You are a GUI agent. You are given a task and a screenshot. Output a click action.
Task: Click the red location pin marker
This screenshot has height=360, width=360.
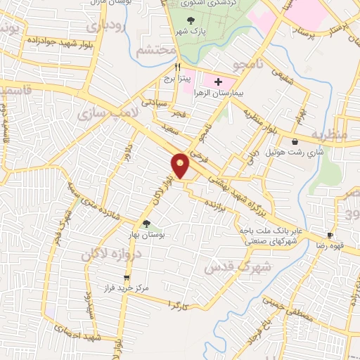coord(181,165)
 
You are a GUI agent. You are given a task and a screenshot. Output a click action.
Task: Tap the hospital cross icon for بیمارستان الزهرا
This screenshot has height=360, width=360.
coord(218,82)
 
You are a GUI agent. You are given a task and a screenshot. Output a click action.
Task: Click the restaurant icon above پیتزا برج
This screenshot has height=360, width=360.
coord(167,67)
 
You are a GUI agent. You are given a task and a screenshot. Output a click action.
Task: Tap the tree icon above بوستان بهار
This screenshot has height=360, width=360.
coord(146,224)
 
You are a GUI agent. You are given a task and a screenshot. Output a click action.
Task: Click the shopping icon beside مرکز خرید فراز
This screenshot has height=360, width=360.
coord(126,278)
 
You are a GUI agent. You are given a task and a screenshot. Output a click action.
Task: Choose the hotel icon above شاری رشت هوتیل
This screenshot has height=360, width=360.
coord(304,141)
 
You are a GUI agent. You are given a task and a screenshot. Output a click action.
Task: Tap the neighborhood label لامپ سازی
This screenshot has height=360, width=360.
coord(101,112)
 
